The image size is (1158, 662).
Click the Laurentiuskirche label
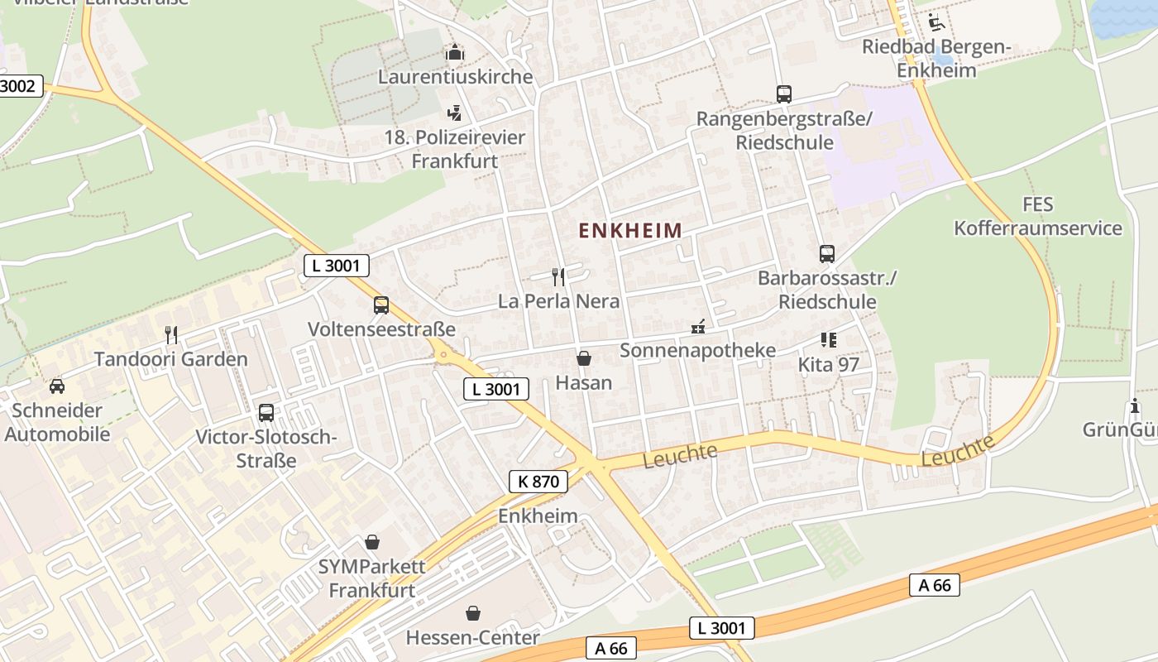(x=455, y=77)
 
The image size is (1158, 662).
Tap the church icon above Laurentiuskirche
(x=455, y=53)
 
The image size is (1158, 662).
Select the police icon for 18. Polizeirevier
(x=454, y=113)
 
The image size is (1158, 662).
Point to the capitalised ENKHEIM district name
(x=630, y=231)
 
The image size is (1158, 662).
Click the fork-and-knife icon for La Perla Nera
(x=558, y=276)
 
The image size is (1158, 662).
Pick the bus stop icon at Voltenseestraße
(x=380, y=305)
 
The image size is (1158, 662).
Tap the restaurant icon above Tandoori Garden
(x=171, y=335)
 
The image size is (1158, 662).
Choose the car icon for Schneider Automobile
(x=57, y=386)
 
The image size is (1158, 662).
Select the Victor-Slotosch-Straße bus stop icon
(x=266, y=413)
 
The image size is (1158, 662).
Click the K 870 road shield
(x=538, y=481)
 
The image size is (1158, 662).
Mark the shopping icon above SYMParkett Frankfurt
(x=372, y=543)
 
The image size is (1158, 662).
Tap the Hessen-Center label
(x=472, y=638)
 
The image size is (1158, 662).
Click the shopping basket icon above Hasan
(x=584, y=358)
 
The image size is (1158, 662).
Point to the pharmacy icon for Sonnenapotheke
(x=698, y=327)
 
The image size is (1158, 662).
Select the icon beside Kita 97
(x=828, y=340)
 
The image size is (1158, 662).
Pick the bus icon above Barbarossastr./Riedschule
(x=827, y=254)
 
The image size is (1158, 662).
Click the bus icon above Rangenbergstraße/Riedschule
(x=783, y=94)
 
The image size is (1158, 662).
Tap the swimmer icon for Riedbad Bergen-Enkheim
(x=935, y=22)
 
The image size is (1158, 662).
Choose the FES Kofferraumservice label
(x=1038, y=216)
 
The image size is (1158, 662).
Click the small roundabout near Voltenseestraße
(x=443, y=355)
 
